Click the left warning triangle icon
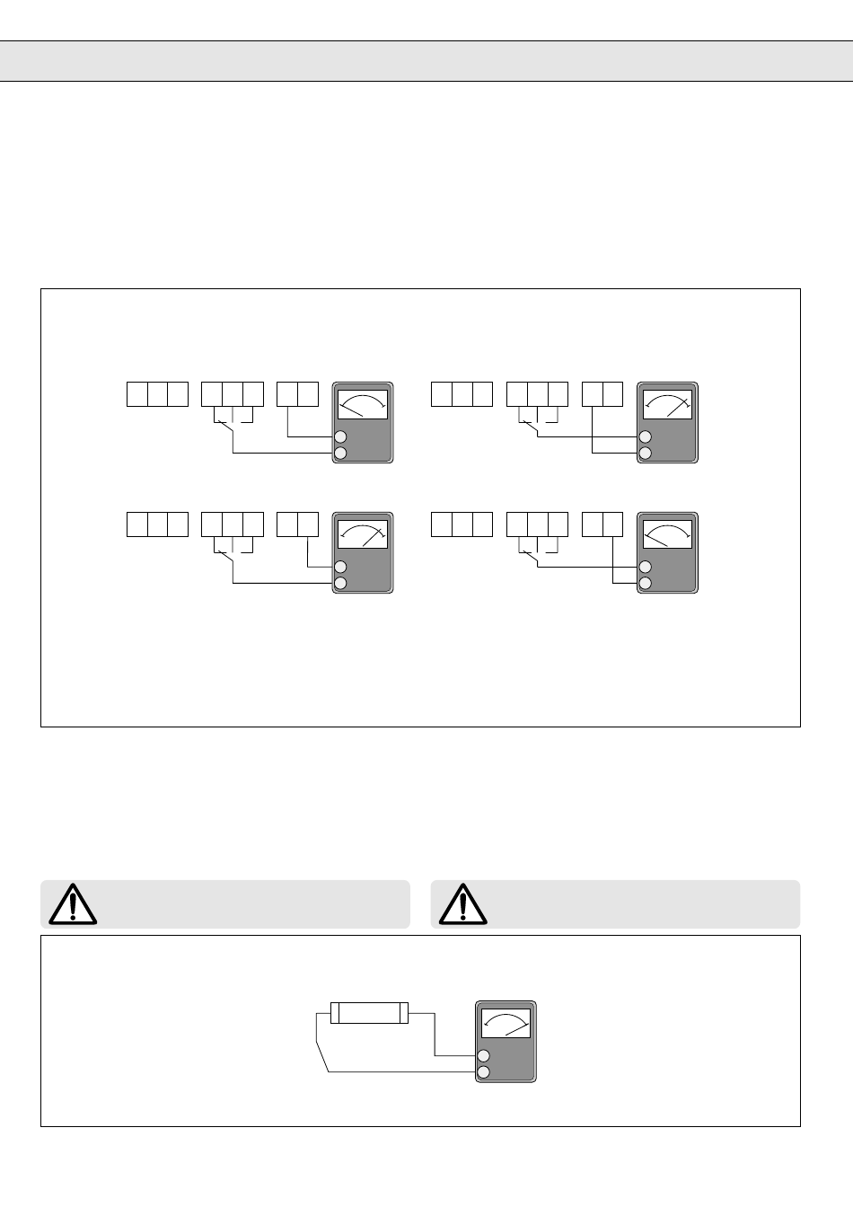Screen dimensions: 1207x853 [73, 904]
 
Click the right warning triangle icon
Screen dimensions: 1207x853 [462, 904]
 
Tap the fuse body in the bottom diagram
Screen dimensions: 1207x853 [369, 1013]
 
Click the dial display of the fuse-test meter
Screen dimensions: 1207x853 [506, 1024]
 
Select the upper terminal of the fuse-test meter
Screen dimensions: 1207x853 [484, 1056]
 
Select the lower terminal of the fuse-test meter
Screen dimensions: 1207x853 [484, 1072]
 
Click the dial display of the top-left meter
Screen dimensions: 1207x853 [363, 404]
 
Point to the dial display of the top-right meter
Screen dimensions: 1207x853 [667, 404]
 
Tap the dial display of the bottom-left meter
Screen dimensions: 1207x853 [363, 534]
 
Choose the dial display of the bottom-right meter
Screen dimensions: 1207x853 [667, 534]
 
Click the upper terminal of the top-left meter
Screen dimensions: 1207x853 [340, 437]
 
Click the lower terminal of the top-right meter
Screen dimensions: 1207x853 [645, 454]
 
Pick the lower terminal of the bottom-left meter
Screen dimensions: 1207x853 [340, 584]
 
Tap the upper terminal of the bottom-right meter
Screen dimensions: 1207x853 [645, 568]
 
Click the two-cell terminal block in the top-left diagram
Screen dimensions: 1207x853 [297, 394]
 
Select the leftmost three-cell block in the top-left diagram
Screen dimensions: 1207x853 [157, 394]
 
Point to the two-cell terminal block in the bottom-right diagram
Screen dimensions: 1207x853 [602, 524]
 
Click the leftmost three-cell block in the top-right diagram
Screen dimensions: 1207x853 [462, 394]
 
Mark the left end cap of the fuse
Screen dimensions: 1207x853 [335, 1013]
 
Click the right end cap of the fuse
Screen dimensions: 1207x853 [404, 1013]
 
